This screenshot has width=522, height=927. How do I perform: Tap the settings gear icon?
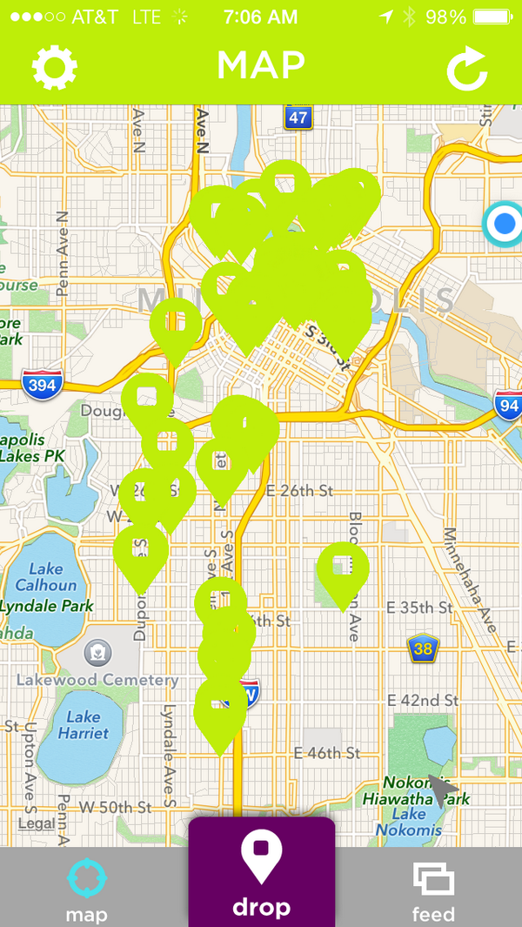55,68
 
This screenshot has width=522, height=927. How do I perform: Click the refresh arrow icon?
467,71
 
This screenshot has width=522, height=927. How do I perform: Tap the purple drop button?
261,873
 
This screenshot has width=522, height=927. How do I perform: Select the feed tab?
433,890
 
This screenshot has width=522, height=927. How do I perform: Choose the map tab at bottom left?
86,890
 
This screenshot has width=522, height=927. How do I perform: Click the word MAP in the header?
261,65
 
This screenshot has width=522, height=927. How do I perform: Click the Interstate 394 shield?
41,385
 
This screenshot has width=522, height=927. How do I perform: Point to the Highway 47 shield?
298,118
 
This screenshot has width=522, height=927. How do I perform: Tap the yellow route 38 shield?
423,648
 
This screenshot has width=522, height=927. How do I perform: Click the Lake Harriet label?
84,725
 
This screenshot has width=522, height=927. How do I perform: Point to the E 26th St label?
301,491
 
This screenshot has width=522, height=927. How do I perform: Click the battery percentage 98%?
446,17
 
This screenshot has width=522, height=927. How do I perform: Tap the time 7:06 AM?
260,17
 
